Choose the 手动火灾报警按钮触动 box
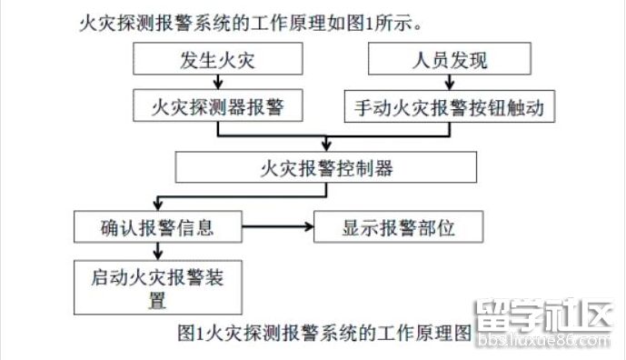click(449, 107)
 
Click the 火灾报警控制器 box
click(326, 166)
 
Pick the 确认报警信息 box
click(158, 225)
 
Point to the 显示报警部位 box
click(398, 225)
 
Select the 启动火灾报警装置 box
click(158, 285)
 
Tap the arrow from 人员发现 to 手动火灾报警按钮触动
click(449, 83)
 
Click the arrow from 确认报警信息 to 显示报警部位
click(277, 225)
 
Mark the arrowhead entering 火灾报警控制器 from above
click(326, 146)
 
